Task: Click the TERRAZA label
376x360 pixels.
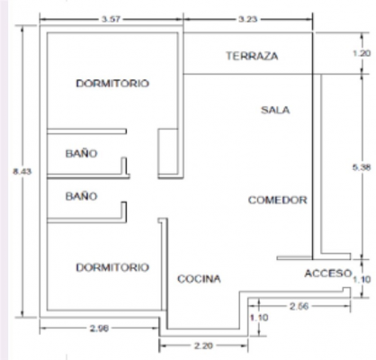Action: (252, 56)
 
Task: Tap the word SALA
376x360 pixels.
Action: (275, 110)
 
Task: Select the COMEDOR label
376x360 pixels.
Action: (278, 200)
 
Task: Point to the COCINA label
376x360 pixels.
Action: (199, 279)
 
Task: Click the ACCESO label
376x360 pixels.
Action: (328, 274)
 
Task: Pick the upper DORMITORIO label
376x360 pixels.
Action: (112, 83)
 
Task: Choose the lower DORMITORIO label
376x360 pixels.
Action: (112, 267)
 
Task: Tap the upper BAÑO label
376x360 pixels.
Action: (81, 154)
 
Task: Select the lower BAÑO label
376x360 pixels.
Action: (81, 196)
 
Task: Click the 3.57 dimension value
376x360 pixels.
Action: (111, 19)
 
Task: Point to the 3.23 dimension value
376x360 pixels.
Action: (248, 19)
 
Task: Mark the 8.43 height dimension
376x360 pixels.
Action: (22, 172)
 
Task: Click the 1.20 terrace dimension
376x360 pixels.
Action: (362, 53)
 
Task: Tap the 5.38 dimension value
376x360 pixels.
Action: (362, 167)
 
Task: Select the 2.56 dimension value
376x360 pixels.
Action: (299, 306)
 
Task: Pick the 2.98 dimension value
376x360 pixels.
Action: (99, 328)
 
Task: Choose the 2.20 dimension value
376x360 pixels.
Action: (203, 346)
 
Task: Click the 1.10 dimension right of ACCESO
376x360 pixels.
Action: (362, 279)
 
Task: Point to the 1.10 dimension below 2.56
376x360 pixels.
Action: (259, 318)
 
